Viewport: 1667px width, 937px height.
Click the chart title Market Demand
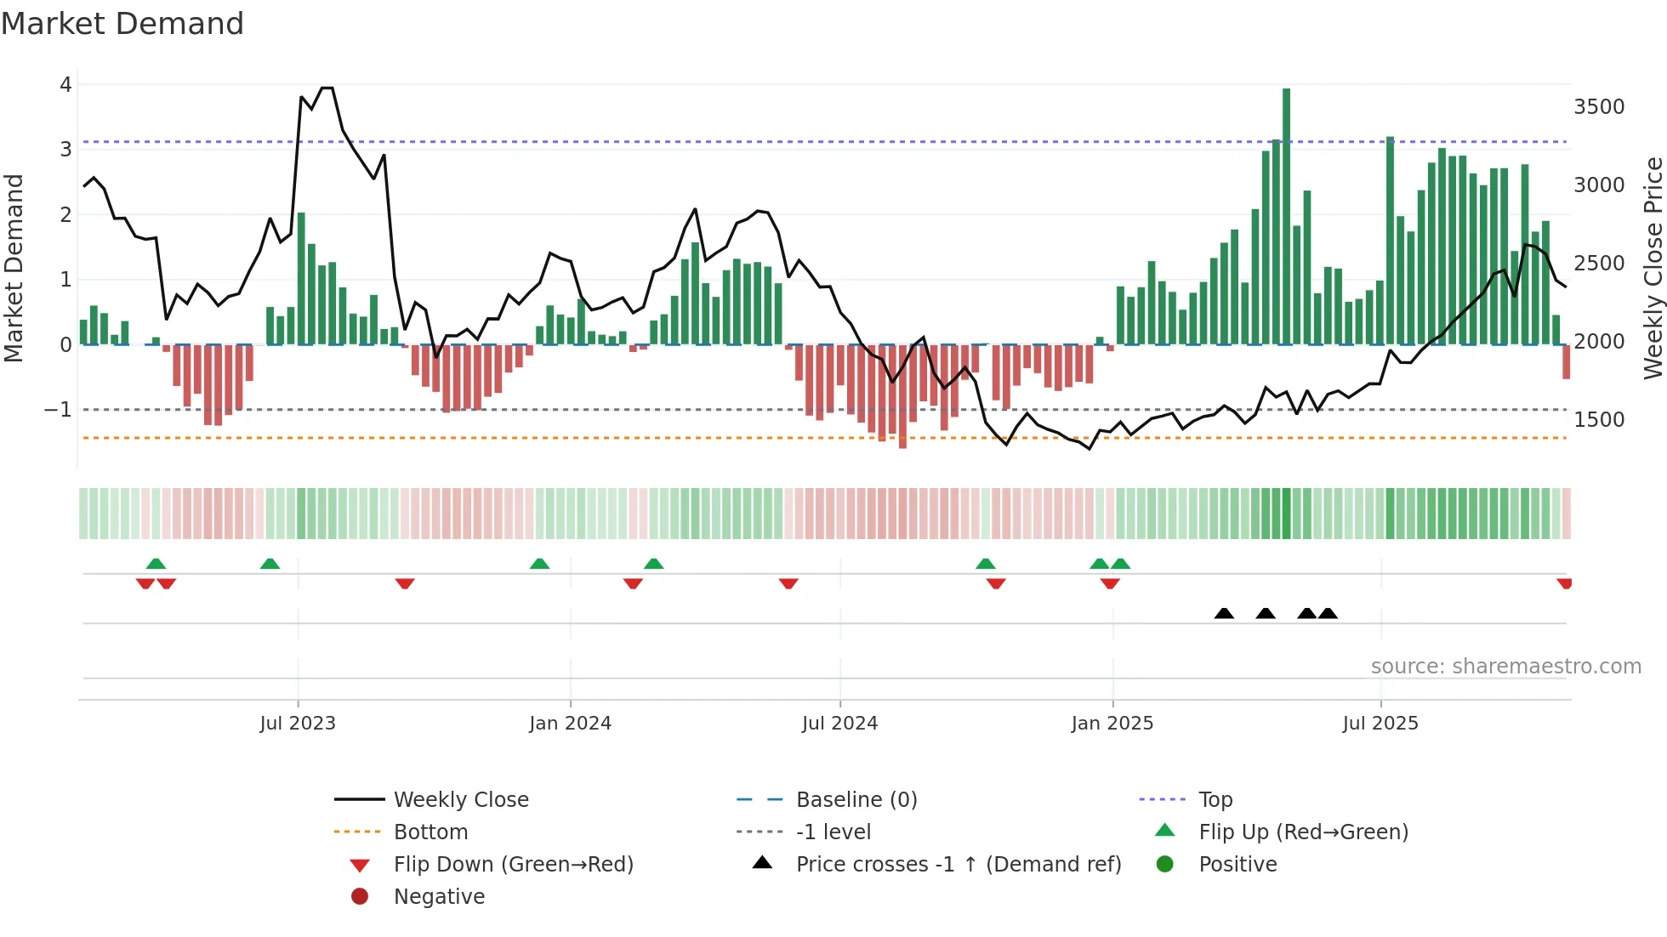[x=122, y=24]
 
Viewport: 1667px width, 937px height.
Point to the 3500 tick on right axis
[x=1599, y=107]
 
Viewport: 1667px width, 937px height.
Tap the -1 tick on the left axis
[x=58, y=410]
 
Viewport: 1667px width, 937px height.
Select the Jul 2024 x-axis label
[x=839, y=724]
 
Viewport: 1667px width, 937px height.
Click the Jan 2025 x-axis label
[x=1112, y=724]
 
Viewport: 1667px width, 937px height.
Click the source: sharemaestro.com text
[x=1505, y=667]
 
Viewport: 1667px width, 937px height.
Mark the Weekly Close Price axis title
[x=1653, y=268]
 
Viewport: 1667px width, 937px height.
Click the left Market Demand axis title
[x=14, y=268]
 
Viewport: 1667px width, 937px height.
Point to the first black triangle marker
[x=1224, y=613]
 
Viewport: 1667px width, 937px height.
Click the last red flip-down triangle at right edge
[x=1564, y=583]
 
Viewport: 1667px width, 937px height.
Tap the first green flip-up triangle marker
[x=156, y=564]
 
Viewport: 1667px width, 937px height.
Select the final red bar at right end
[x=1566, y=361]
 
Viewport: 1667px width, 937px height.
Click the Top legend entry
[x=1215, y=800]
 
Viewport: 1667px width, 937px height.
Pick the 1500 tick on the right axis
[x=1599, y=420]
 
